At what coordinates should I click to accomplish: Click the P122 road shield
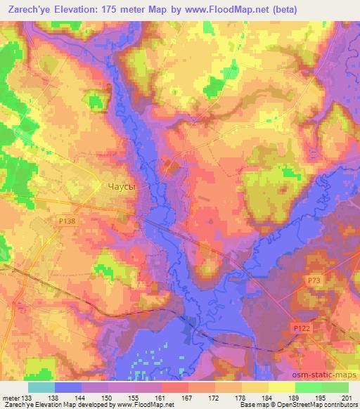pos(302,328)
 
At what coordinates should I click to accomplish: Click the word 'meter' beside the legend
pos(10,398)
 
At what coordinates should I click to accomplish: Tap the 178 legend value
pos(241,398)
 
